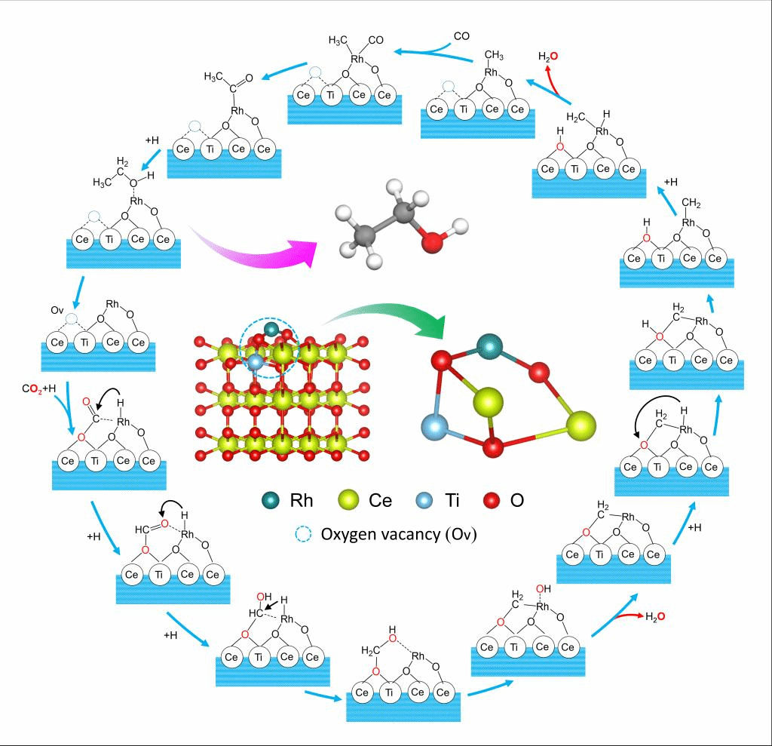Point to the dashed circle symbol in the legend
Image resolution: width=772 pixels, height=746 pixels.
pyautogui.click(x=302, y=533)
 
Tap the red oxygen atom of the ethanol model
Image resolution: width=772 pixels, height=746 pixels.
pyautogui.click(x=430, y=243)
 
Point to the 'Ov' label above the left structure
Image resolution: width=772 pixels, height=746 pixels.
pyautogui.click(x=57, y=309)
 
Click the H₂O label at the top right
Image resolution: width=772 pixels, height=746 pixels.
pyautogui.click(x=548, y=57)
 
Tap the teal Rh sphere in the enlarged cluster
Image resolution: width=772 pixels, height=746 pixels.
pyautogui.click(x=489, y=345)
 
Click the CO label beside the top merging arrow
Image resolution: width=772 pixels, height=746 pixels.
pyautogui.click(x=461, y=35)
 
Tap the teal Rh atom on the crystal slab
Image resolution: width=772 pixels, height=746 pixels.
pyautogui.click(x=271, y=330)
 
